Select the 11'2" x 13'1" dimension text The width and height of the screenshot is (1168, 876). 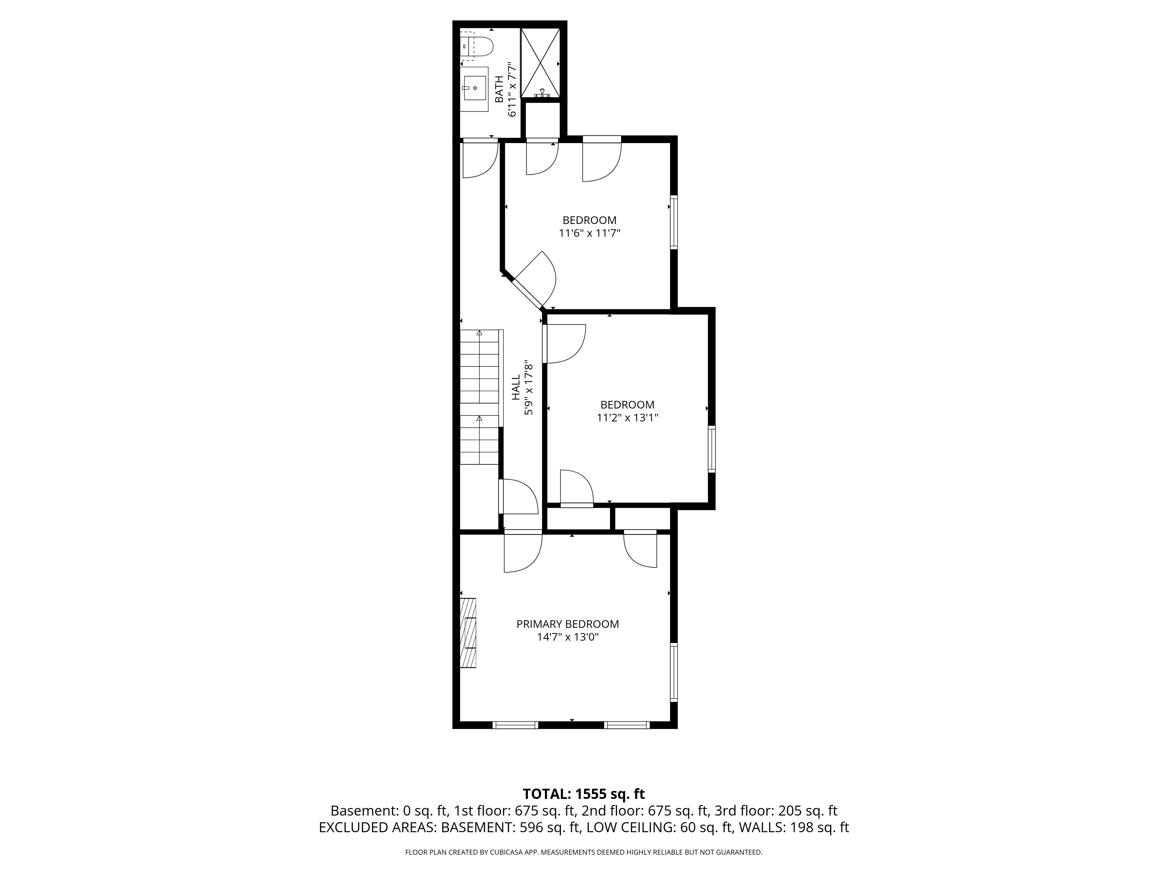[x=627, y=418]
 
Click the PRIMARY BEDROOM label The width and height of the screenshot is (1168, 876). [x=568, y=624]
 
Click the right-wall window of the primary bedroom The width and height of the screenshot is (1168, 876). [x=674, y=672]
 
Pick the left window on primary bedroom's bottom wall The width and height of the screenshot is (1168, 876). [x=515, y=725]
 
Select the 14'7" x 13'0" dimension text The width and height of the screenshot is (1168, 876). [x=568, y=637]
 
